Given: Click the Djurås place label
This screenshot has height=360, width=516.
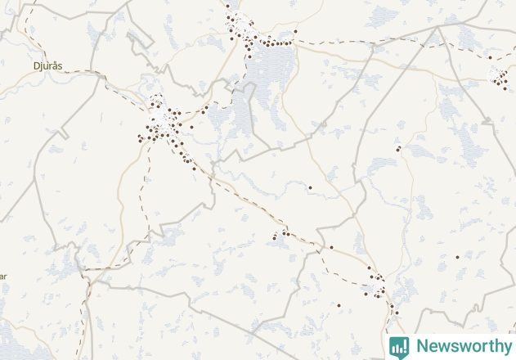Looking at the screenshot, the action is pyautogui.click(x=49, y=64).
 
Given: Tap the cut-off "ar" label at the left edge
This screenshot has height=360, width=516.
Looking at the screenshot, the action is pyautogui.click(x=3, y=277).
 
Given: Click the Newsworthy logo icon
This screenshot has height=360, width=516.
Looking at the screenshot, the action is pyautogui.click(x=399, y=346).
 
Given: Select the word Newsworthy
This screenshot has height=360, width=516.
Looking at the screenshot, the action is pyautogui.click(x=463, y=346).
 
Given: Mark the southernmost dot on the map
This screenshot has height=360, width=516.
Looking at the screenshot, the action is pyautogui.click(x=397, y=313).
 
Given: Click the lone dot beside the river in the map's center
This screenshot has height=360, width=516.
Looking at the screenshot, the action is pyautogui.click(x=310, y=187).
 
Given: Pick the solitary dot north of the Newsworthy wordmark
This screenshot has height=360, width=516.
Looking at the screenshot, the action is pyautogui.click(x=457, y=257).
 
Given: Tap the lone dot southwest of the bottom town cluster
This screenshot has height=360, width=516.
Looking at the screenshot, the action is pyautogui.click(x=339, y=305).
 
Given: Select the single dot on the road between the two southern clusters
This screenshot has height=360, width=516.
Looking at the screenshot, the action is pyautogui.click(x=331, y=247).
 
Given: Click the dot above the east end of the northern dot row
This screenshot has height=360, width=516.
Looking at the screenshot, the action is pyautogui.click(x=295, y=32).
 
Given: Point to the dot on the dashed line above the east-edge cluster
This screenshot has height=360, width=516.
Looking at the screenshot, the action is pyautogui.click(x=490, y=57).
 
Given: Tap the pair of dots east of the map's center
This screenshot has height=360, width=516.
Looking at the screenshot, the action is pyautogui.click(x=397, y=149).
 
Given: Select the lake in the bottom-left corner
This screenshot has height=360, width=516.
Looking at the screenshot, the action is pyautogui.click(x=16, y=340).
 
